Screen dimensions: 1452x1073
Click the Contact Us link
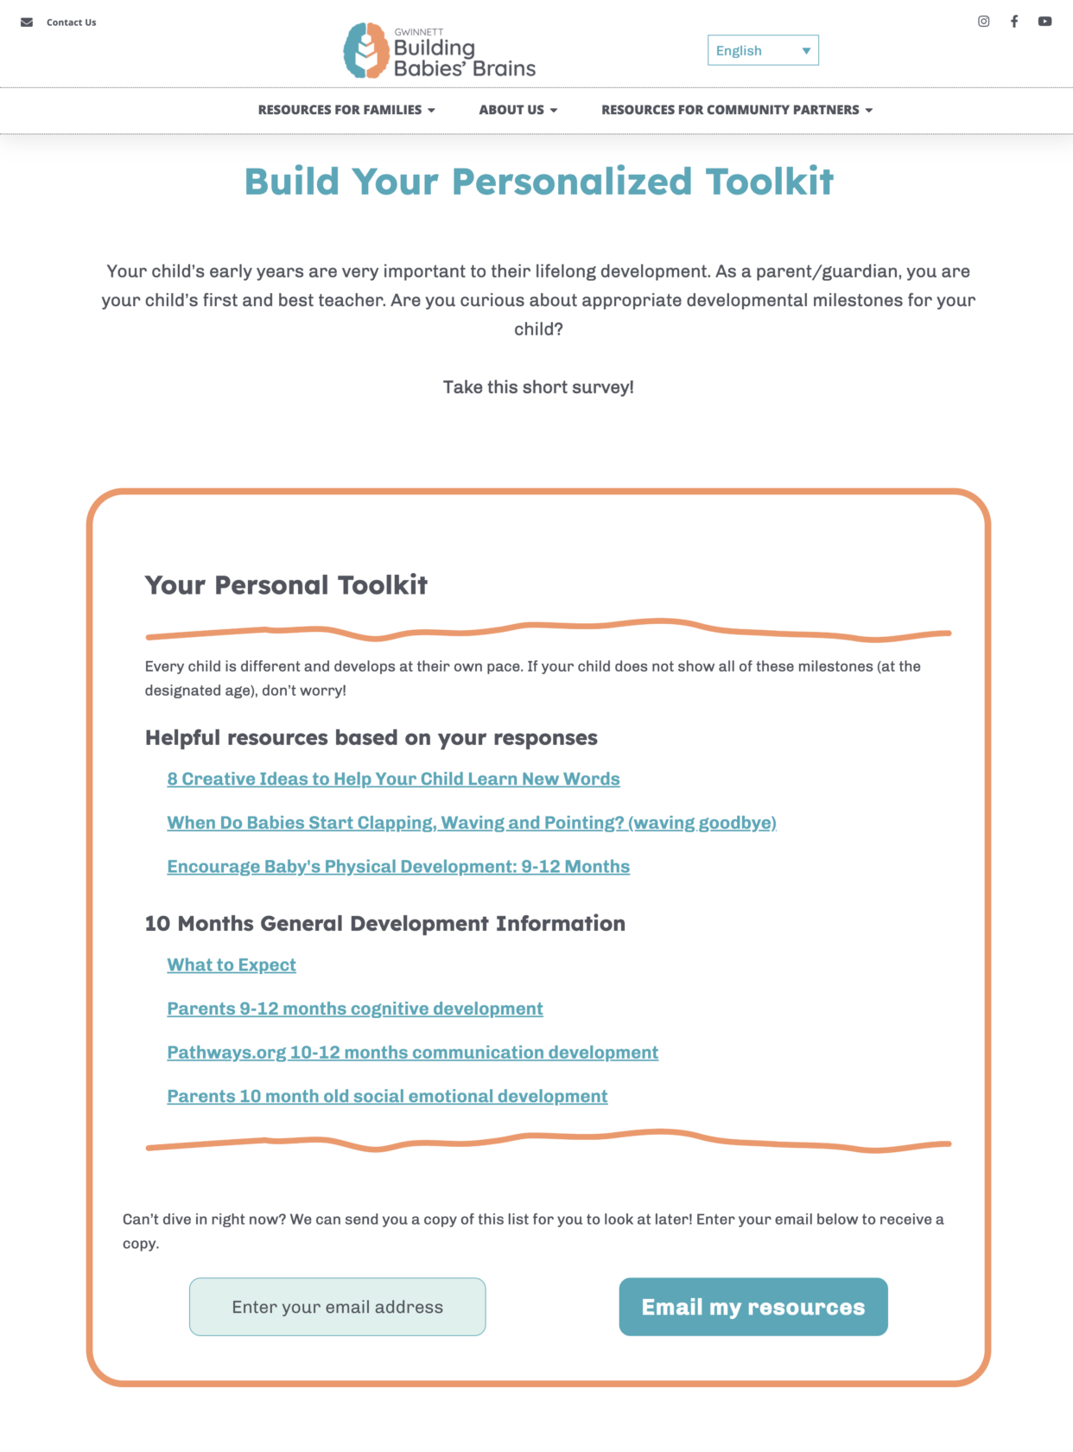coord(71,22)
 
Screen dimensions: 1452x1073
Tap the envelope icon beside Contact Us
coord(27,22)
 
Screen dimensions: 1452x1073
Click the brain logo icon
coord(366,50)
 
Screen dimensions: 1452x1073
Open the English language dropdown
coord(763,50)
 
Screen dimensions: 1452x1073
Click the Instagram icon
coord(983,22)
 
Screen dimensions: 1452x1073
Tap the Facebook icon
coord(1014,22)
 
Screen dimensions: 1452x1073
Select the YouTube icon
coord(1044,22)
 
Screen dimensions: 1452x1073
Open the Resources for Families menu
coord(346,110)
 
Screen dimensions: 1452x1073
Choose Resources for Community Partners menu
coord(737,110)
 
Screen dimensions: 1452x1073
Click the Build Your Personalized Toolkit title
coord(538,181)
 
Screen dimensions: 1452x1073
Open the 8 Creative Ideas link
coord(393,779)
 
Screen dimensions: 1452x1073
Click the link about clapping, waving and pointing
coord(472,823)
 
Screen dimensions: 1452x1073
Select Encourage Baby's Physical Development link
coord(398,867)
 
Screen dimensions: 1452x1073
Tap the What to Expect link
coord(232,965)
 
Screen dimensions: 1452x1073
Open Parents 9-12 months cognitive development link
coord(355,1009)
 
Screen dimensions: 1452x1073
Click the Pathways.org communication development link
coord(412,1053)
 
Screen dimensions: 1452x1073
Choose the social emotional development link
coord(387,1096)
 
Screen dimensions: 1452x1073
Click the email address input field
coord(337,1307)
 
